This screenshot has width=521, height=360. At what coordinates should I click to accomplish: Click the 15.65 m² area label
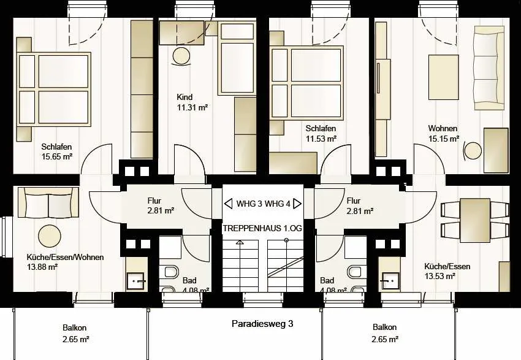tap(57, 156)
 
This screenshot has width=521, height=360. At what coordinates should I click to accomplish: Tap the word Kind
tap(184, 97)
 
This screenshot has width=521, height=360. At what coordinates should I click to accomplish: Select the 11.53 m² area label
tap(321, 138)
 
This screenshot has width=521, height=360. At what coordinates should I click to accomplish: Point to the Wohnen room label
tap(443, 128)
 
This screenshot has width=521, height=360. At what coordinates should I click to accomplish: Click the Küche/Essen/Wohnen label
tap(65, 258)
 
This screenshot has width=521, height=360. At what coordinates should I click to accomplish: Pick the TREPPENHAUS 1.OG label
tap(262, 228)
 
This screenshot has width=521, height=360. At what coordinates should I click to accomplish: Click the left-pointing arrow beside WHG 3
tap(228, 204)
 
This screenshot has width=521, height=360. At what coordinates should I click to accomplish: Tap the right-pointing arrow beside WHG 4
tap(297, 204)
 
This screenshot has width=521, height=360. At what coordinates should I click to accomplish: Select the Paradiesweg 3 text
tap(262, 324)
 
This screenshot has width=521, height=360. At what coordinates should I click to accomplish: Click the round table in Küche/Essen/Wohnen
tap(50, 236)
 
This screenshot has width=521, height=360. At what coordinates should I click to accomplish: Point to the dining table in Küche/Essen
tap(475, 220)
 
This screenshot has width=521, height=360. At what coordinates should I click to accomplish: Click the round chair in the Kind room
tap(181, 56)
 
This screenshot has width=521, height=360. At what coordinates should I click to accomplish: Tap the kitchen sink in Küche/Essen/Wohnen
tap(136, 281)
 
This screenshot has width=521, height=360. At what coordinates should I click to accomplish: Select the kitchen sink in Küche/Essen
tap(390, 281)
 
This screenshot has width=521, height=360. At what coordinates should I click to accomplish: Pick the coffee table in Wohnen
tap(444, 77)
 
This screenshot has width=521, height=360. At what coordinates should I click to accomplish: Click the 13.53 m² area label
tap(440, 276)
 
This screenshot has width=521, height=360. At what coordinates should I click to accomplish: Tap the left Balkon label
tap(74, 327)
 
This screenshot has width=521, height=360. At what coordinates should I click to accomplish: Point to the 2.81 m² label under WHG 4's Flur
tap(360, 211)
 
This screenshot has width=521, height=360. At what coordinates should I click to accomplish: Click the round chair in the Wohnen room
tap(473, 151)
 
